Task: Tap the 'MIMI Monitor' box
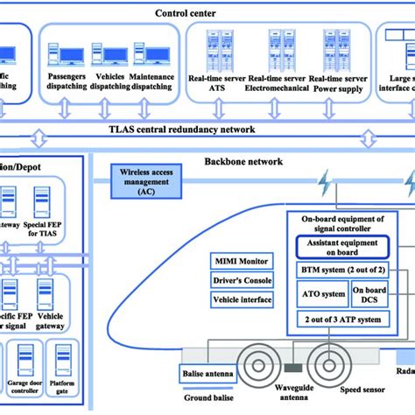242,261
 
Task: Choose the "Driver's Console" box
242,280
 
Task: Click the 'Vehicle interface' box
242,299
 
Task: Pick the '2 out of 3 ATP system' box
342,320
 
